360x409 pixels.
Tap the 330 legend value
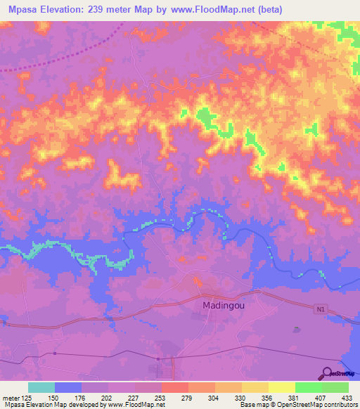pos(241,397)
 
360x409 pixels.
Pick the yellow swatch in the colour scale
pos(281,387)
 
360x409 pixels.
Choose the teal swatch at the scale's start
pos(41,387)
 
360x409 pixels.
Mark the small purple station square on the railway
pos(158,358)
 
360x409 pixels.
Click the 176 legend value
pos(79,397)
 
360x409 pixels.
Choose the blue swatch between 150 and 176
pos(67,387)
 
